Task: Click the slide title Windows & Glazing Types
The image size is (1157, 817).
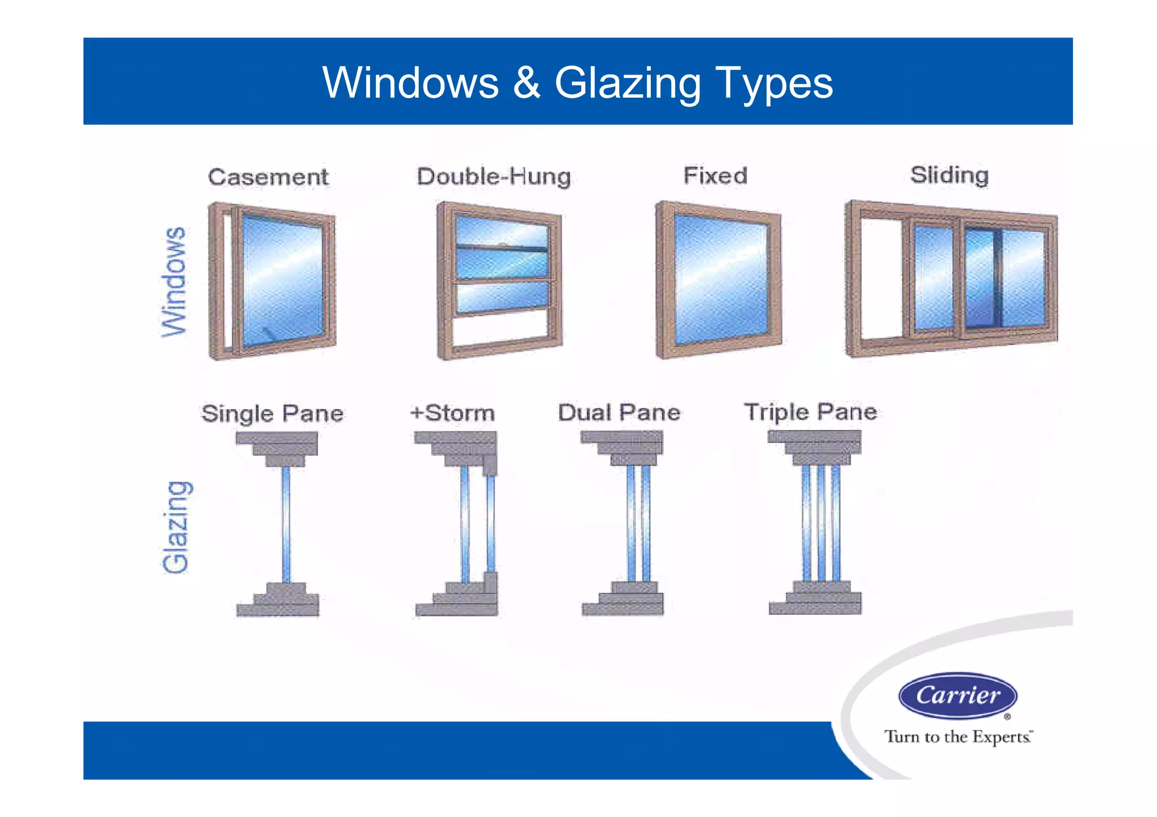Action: [577, 82]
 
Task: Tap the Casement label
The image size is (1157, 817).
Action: [268, 177]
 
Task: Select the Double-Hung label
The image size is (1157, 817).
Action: [494, 176]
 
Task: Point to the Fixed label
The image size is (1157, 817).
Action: [715, 176]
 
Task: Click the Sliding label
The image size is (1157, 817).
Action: [949, 175]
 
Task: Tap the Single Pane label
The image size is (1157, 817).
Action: [272, 413]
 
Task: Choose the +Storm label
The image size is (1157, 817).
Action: [453, 413]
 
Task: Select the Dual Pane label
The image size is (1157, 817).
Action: [619, 412]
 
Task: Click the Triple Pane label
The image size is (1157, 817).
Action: [811, 412]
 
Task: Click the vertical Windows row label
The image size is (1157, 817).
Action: [173, 282]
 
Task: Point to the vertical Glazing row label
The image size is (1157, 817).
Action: [176, 527]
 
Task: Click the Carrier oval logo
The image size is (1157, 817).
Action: [958, 695]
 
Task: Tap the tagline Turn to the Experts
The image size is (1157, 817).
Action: [958, 737]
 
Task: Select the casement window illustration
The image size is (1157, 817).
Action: [272, 281]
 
